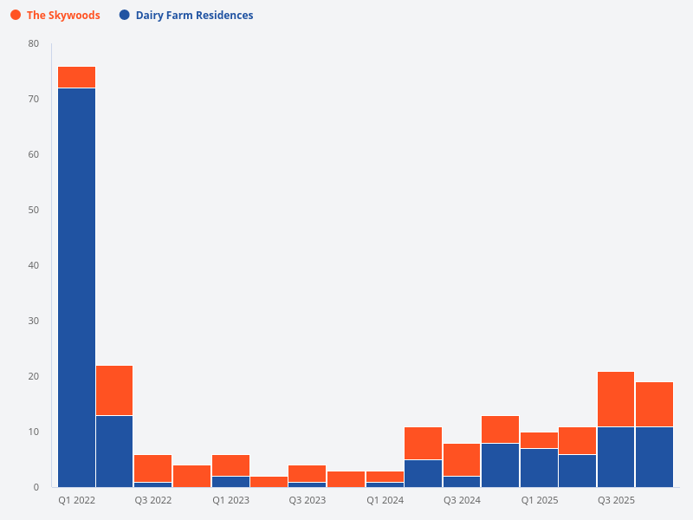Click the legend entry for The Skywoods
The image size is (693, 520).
click(x=63, y=16)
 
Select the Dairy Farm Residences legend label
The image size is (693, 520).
click(x=194, y=16)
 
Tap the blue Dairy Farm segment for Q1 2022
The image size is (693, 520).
click(x=76, y=286)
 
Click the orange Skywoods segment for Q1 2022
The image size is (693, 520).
click(x=76, y=77)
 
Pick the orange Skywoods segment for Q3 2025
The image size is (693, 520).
click(x=616, y=399)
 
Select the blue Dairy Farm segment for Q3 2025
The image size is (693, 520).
click(x=616, y=457)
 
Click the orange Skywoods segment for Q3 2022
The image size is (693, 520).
click(x=152, y=468)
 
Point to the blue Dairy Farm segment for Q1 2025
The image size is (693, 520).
click(x=539, y=467)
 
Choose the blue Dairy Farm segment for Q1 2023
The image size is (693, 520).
click(x=230, y=481)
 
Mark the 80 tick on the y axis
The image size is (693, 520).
click(x=33, y=43)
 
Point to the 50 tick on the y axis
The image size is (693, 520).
click(x=33, y=210)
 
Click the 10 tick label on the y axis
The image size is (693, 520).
click(x=33, y=432)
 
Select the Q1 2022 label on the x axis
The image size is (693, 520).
click(x=76, y=501)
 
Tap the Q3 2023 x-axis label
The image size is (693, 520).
click(x=308, y=501)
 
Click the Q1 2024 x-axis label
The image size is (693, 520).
click(x=385, y=501)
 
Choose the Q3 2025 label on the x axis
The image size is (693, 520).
click(x=616, y=501)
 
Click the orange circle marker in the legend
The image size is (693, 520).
click(x=16, y=16)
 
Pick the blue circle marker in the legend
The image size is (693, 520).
click(x=125, y=16)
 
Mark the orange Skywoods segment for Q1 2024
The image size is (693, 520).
click(x=385, y=476)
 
